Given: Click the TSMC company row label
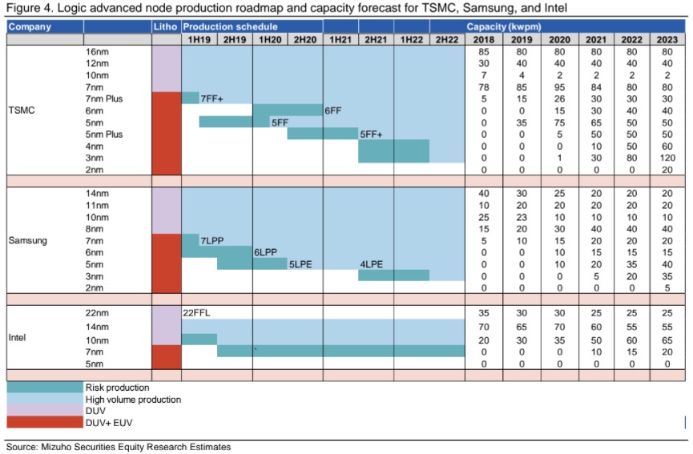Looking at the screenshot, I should (x=21, y=110).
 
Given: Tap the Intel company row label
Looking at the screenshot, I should (x=18, y=338).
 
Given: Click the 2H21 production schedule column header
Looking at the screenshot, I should (x=376, y=39).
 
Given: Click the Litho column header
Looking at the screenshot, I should (x=165, y=27).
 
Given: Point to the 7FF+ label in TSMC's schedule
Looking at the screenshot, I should (x=212, y=98).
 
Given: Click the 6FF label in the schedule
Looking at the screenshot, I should (x=333, y=110).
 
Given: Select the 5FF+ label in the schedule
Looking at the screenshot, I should (x=372, y=135).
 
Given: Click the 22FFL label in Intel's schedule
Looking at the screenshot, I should (x=197, y=311).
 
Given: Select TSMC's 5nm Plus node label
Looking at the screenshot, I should (x=106, y=135).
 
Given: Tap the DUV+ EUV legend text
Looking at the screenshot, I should (x=111, y=422).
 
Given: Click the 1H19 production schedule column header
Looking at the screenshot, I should (x=199, y=39).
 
